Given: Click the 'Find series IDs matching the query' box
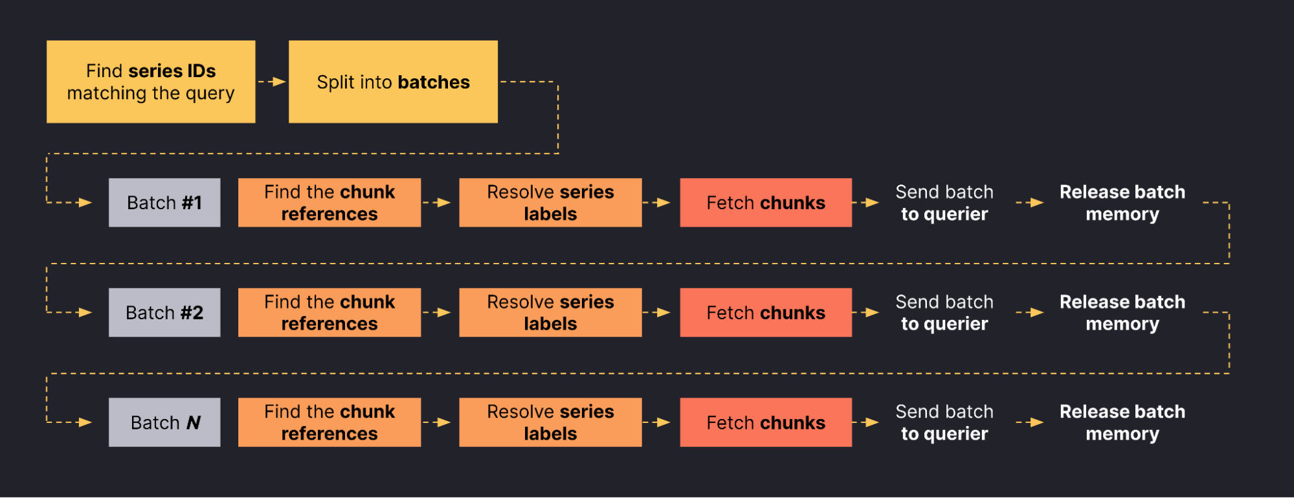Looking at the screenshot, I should point(151,82).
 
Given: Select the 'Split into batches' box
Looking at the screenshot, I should point(393,82).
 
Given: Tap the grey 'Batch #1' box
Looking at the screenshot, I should point(164,203).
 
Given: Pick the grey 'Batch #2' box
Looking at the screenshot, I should point(164,313).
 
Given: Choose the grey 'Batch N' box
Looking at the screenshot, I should point(164,422).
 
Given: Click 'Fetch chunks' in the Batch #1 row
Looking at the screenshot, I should point(766,203).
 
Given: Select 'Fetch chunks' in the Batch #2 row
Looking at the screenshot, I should point(766,313).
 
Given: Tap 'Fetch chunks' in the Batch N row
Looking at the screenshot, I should point(766,422).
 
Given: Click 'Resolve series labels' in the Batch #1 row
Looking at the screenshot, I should point(550,203).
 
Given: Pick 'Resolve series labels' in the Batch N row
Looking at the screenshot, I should point(550,422).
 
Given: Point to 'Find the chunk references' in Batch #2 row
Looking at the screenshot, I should point(329,313).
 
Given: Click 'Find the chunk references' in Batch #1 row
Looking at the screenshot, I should point(329,203).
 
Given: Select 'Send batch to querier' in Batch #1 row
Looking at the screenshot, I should point(944,203).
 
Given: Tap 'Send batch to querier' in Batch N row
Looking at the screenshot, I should point(944,422).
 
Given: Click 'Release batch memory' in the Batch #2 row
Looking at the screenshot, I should point(1122,313).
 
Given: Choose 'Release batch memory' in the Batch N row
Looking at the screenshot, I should point(1122,422).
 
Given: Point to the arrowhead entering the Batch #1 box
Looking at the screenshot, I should point(85,203).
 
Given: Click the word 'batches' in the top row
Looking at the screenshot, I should point(433,82).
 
